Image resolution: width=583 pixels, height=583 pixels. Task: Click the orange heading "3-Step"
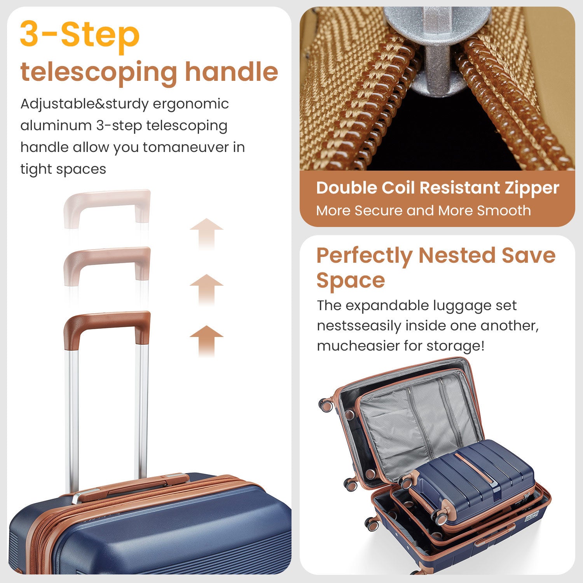coord(80,34)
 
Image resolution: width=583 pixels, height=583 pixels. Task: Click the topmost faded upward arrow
coord(206,233)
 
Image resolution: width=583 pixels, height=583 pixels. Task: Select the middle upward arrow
coord(206,290)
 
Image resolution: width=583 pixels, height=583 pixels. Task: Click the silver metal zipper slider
coord(437,51)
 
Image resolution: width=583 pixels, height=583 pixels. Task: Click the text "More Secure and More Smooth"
coord(423,210)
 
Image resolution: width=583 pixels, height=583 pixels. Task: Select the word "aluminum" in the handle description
coord(55,126)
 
